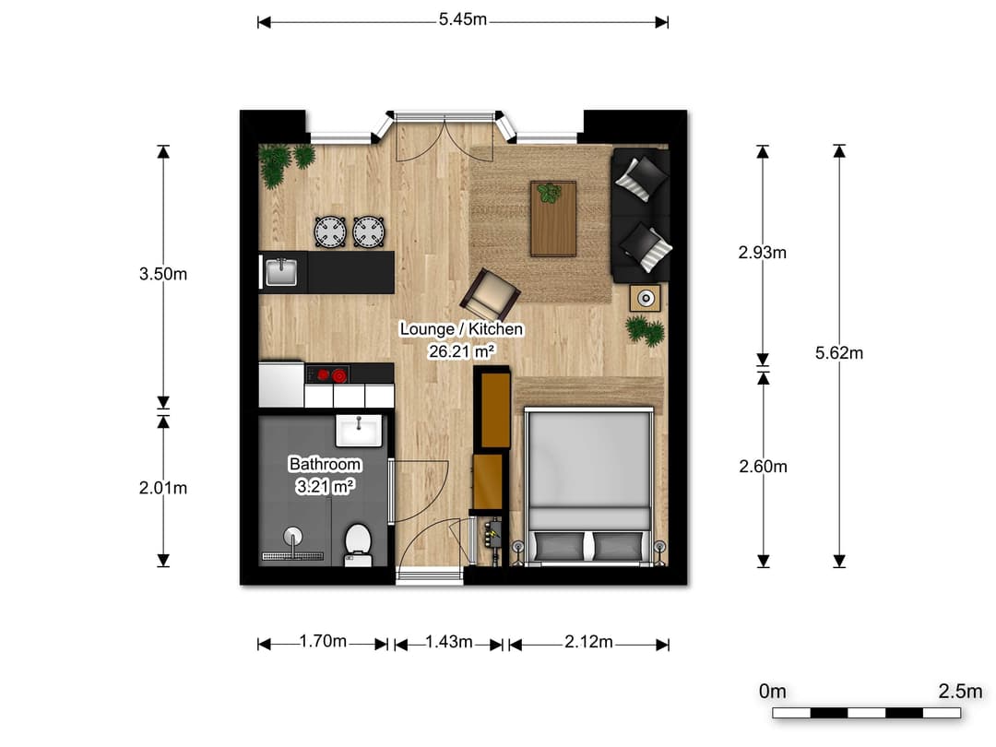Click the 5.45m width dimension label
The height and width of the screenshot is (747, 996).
(x=463, y=19)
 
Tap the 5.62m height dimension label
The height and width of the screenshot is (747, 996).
(x=839, y=352)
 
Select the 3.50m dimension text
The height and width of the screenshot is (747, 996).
(x=162, y=274)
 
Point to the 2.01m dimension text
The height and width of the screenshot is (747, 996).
(x=162, y=488)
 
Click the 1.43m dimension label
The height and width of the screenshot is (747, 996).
(x=449, y=642)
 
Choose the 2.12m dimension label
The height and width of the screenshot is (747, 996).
(x=588, y=642)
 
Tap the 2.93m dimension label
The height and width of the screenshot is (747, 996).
(x=763, y=252)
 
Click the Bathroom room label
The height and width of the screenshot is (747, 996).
(x=325, y=464)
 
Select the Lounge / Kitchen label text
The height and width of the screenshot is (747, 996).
(x=461, y=329)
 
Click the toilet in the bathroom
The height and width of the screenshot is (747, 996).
(x=357, y=542)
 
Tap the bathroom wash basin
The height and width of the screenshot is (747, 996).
(x=359, y=429)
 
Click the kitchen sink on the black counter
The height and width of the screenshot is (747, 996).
(x=281, y=272)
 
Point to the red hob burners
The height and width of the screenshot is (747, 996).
(x=331, y=374)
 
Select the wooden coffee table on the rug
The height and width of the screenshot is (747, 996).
(x=552, y=218)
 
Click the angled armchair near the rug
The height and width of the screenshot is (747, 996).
(x=491, y=293)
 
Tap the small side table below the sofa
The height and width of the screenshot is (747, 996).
(x=646, y=298)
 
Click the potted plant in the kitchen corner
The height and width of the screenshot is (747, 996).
(x=277, y=164)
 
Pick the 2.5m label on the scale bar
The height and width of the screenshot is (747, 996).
(x=959, y=691)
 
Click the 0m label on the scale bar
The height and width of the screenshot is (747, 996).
(x=772, y=691)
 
